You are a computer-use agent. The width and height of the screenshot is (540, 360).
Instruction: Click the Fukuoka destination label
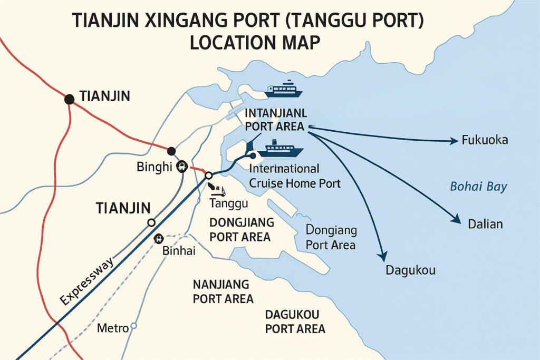coord(484,141)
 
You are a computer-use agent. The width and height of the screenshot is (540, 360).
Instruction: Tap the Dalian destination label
coord(485,224)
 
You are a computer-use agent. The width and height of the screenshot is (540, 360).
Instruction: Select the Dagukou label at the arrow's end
coord(411,271)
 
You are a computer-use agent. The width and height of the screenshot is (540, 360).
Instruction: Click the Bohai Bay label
coord(479,187)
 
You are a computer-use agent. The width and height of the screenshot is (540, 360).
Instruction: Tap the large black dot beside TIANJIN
coord(69,99)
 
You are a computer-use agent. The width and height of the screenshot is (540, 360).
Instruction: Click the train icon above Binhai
coord(158,239)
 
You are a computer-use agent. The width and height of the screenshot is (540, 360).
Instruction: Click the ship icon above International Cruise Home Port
coord(284,149)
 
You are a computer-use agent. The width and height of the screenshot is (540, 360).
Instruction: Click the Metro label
coord(113,328)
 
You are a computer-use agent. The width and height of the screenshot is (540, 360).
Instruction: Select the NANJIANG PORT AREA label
coord(223,291)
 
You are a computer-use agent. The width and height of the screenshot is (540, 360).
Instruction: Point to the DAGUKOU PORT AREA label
coord(295,322)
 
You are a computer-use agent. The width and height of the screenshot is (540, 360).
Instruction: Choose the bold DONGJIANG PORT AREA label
coord(240,229)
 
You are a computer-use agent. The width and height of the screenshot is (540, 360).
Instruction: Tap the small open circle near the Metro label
coord(133,326)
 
